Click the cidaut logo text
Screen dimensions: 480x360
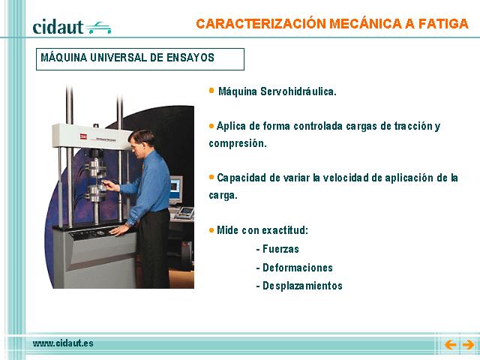(58, 27)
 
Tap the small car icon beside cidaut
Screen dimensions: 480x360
(98, 28)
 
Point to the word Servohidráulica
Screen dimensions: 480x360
(298, 91)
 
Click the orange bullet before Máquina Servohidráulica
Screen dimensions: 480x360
(211, 90)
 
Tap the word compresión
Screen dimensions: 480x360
(238, 143)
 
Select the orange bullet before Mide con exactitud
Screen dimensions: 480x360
(211, 230)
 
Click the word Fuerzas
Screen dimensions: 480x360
(280, 249)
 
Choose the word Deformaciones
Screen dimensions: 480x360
(298, 268)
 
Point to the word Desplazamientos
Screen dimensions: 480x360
(302, 286)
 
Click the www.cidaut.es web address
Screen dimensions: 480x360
(63, 343)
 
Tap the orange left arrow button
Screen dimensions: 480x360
(450, 345)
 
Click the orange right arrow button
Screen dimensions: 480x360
(468, 345)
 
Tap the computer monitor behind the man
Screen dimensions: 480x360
(175, 189)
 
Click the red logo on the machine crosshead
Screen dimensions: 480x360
(83, 136)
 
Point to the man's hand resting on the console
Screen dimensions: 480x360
(119, 229)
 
